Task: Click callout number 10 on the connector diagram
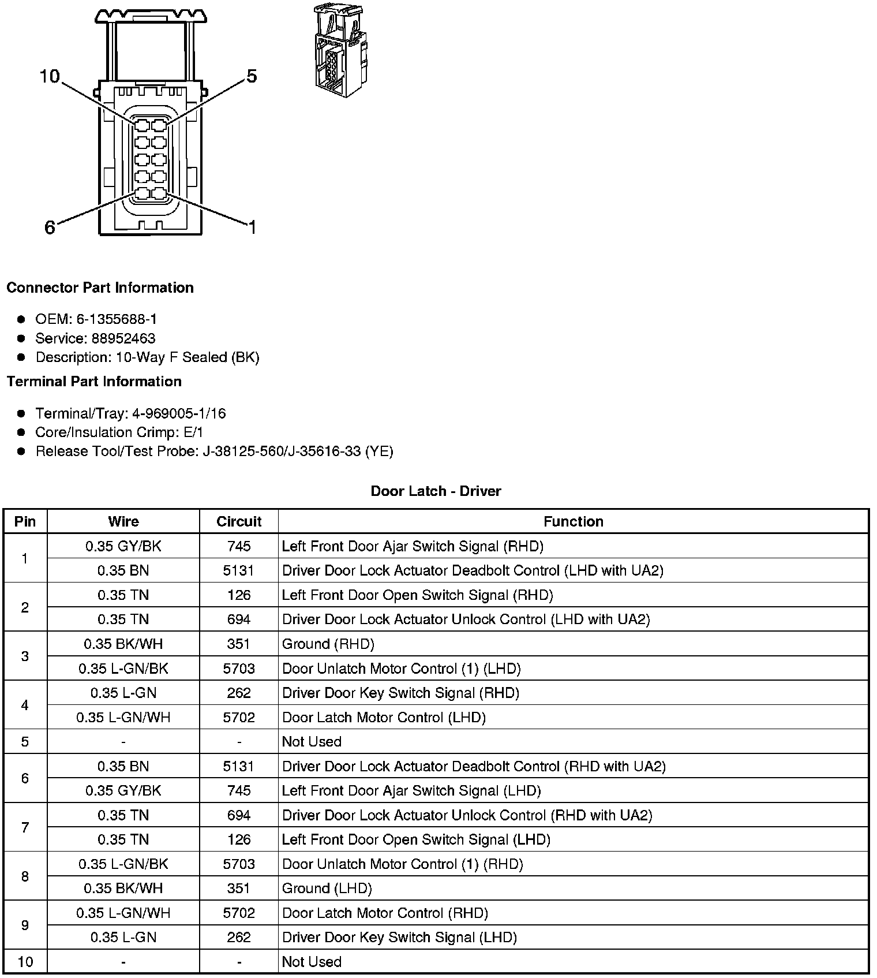(50, 76)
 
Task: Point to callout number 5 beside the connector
(252, 76)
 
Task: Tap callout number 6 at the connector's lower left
(50, 227)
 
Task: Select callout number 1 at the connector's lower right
(252, 227)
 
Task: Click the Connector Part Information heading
(100, 288)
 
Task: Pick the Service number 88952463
(123, 338)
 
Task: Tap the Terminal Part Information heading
(94, 382)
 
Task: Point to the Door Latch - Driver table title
(436, 491)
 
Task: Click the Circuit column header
(239, 522)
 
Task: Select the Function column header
(573, 522)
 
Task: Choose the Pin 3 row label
(25, 656)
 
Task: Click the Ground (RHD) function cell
(328, 644)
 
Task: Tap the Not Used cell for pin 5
(312, 741)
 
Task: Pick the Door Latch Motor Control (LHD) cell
(384, 717)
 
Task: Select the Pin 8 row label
(25, 876)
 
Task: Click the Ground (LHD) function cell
(327, 889)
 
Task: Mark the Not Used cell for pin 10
(312, 962)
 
